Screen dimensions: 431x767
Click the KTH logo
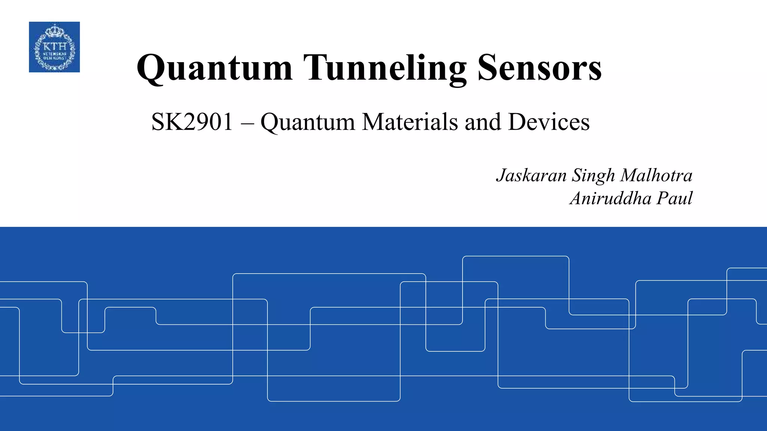(54, 47)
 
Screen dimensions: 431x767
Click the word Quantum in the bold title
(214, 68)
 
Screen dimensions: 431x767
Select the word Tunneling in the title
(385, 68)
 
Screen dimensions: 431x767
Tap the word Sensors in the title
(539, 68)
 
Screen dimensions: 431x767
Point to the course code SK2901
(192, 122)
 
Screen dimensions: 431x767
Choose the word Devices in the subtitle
(549, 122)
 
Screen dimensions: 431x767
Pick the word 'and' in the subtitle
(483, 122)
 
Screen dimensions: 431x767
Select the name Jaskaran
(531, 175)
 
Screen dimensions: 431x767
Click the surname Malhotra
(656, 175)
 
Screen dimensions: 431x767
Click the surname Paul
(674, 198)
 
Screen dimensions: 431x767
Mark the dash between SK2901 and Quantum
(247, 123)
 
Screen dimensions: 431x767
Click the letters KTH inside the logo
(55, 46)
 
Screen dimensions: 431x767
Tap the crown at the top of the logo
(55, 30)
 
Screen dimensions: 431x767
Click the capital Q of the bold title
(151, 69)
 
